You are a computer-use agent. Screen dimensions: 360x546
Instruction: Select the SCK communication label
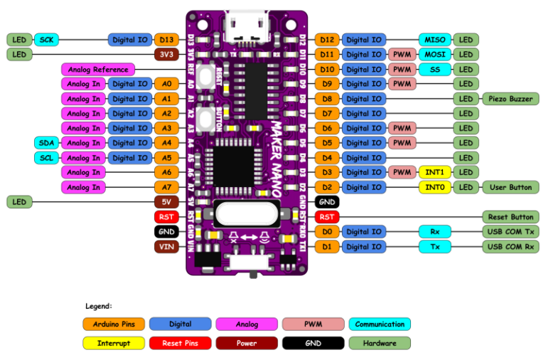tap(48, 40)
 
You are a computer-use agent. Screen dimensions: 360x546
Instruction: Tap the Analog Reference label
tap(99, 70)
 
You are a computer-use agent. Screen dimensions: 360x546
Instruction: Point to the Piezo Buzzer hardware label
tap(510, 99)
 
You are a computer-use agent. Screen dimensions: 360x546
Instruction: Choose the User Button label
tap(510, 188)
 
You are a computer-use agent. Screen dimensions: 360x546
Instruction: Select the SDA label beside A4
tap(48, 143)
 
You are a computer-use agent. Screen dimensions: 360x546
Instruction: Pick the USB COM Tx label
tap(510, 232)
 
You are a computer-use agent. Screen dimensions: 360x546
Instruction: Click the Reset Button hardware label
tap(510, 217)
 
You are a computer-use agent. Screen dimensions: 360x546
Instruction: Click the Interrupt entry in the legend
tap(114, 343)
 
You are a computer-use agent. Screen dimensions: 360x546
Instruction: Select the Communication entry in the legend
tap(380, 324)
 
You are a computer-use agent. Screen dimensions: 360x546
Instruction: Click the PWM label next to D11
tap(401, 55)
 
